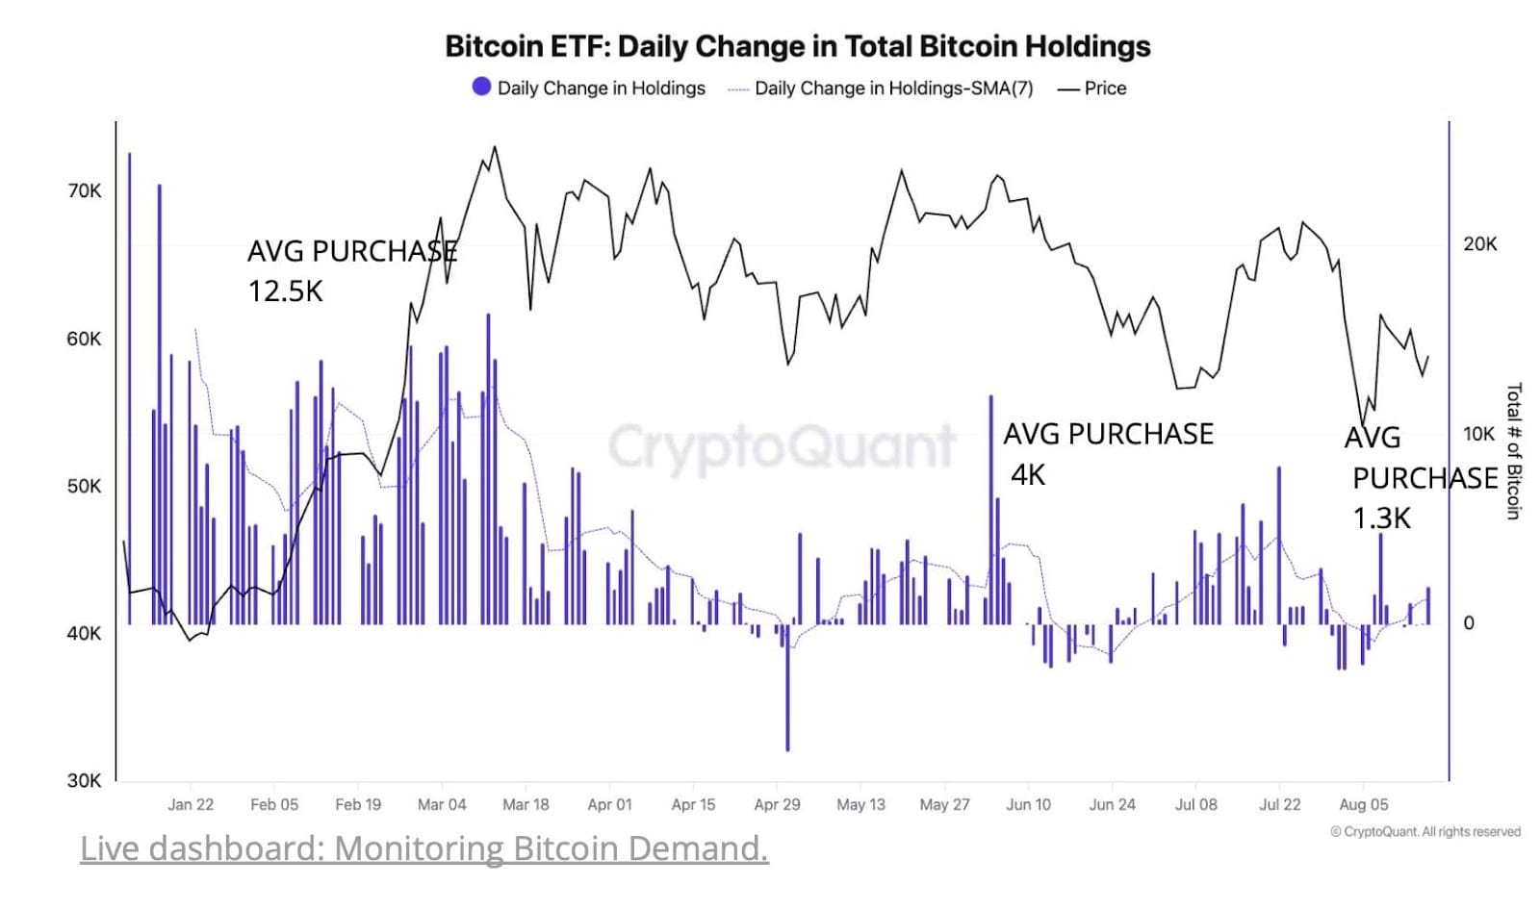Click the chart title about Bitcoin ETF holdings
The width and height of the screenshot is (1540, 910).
(x=797, y=46)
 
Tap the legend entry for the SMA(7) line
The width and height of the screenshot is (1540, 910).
(x=881, y=88)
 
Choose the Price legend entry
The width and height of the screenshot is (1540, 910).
(x=1092, y=88)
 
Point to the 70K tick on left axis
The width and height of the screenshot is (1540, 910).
(x=84, y=190)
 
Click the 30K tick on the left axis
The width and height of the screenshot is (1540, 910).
(x=84, y=780)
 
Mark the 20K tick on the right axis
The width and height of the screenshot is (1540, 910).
(x=1479, y=243)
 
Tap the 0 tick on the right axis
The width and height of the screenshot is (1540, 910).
(x=1469, y=622)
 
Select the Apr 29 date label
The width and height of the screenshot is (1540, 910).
(x=777, y=804)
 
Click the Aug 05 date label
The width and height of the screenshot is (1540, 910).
(x=1363, y=804)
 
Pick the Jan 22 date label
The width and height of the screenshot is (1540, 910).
(x=191, y=804)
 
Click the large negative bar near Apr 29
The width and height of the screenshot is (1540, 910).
(x=787, y=693)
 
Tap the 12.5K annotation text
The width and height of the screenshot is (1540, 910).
(x=285, y=291)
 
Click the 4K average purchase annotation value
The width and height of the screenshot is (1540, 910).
(x=1028, y=475)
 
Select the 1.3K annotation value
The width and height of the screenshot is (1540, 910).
(x=1381, y=518)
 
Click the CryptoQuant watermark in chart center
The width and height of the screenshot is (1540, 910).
(x=782, y=445)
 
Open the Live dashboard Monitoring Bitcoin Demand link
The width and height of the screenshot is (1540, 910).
(x=423, y=847)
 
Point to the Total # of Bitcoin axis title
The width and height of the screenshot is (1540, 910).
(x=1513, y=451)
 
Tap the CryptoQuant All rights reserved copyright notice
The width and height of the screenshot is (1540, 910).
(x=1425, y=831)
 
